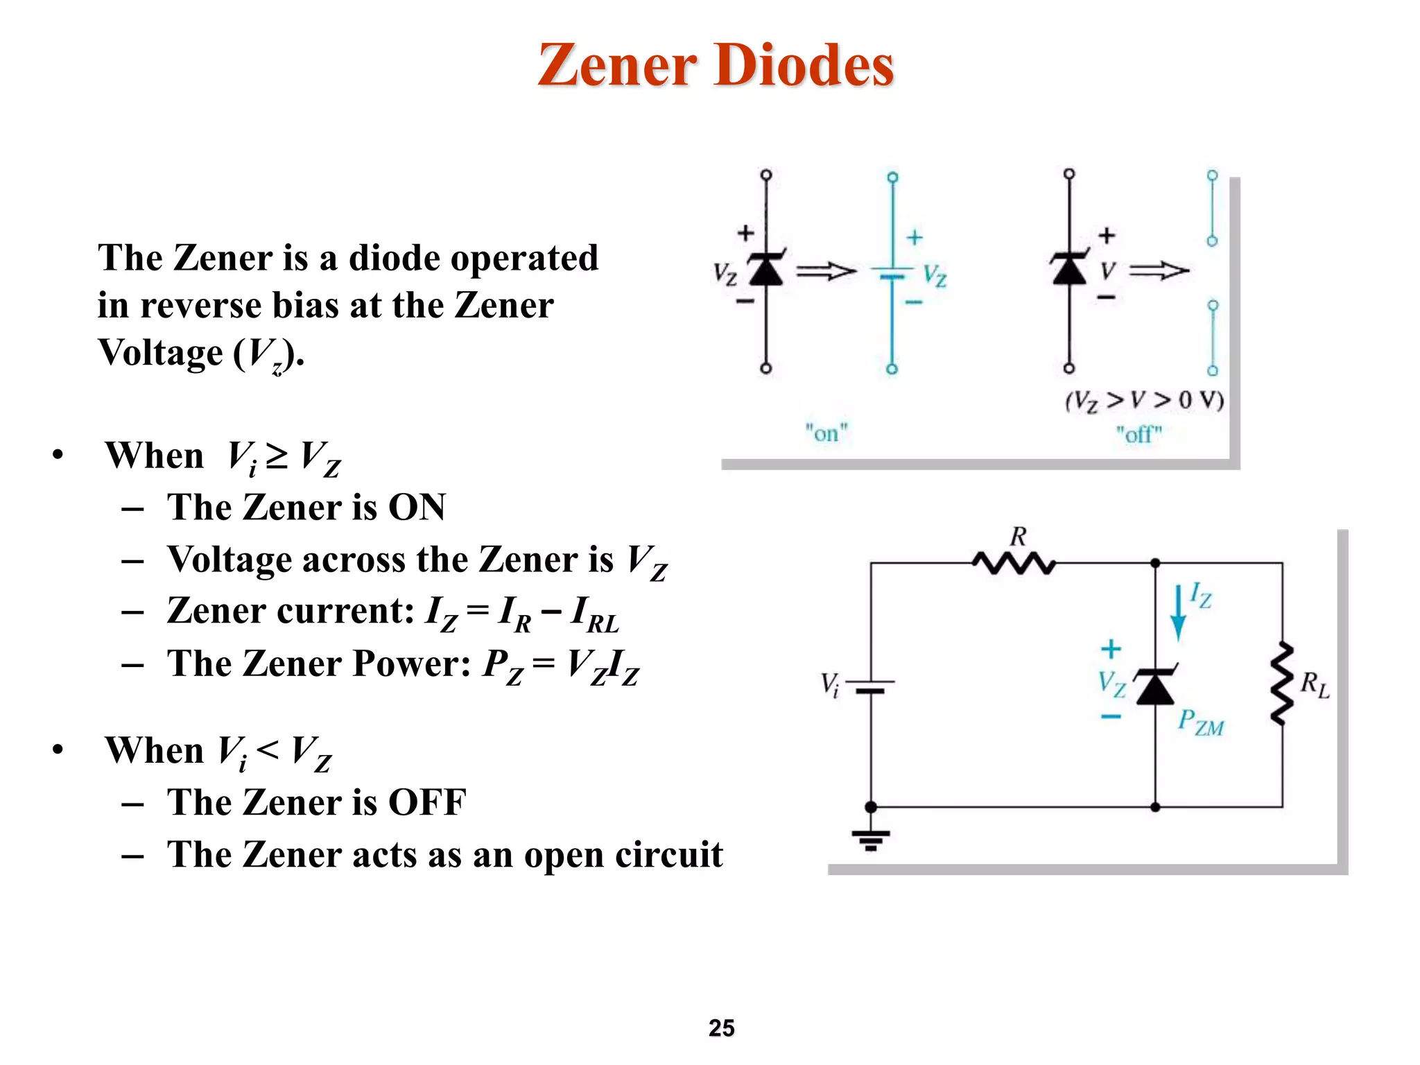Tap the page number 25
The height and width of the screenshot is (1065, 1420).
(x=721, y=1028)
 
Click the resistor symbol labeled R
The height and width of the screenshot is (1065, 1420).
(x=1013, y=563)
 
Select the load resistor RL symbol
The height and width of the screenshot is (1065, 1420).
(x=1282, y=684)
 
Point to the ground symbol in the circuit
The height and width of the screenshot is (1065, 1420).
(x=871, y=839)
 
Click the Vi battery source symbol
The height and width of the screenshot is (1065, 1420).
(x=871, y=686)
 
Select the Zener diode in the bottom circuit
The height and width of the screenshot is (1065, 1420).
(x=1154, y=686)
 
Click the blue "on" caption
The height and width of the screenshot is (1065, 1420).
(x=826, y=433)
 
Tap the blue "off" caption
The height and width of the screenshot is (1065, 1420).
(x=1138, y=435)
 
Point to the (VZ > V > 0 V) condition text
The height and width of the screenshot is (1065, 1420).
(x=1144, y=400)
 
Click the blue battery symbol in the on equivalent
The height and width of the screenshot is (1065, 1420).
(x=892, y=272)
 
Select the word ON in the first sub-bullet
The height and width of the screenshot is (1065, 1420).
(x=417, y=507)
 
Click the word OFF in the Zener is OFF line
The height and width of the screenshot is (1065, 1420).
(x=426, y=802)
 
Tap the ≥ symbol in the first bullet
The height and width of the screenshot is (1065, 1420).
(x=277, y=456)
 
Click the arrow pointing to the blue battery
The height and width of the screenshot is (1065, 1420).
(x=826, y=271)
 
